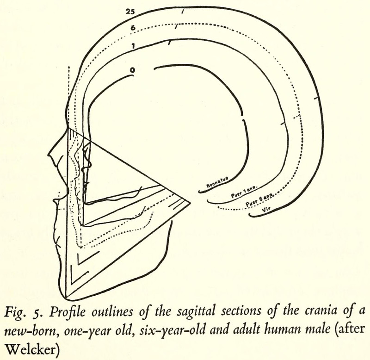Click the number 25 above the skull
coord(130,11)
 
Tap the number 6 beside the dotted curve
coord(133,28)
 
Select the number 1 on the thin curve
coord(133,46)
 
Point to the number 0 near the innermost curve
coord(132,70)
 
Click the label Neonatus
coord(217,182)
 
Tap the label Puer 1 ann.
coord(244,192)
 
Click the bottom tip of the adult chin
coord(67,299)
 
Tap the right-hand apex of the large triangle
coord(190,202)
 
